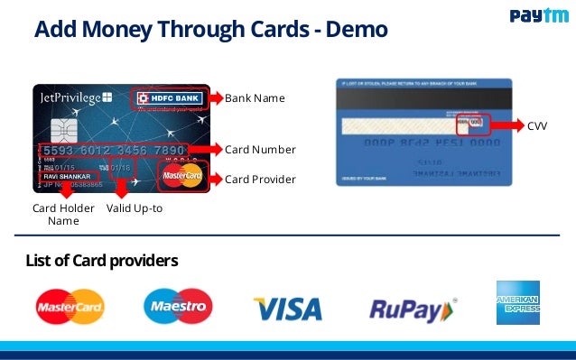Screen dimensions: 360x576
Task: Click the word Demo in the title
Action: (354, 31)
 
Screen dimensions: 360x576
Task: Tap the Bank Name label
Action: (255, 97)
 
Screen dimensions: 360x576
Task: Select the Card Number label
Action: (260, 149)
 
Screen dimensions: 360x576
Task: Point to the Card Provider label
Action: (260, 180)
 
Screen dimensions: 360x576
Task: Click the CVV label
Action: (537, 127)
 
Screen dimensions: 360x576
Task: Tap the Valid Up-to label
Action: (135, 208)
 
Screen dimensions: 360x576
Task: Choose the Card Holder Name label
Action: (63, 215)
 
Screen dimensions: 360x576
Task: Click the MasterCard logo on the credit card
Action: (182, 177)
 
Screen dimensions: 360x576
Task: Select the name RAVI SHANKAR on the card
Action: (71, 176)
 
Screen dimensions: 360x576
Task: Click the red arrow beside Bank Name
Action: (216, 97)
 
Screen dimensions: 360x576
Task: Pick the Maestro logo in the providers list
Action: (178, 307)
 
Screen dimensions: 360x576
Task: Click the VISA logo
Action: (287, 309)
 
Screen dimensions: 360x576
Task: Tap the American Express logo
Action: (517, 302)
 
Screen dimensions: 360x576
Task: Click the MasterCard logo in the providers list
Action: (70, 307)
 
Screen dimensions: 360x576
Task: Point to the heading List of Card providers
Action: (102, 261)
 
